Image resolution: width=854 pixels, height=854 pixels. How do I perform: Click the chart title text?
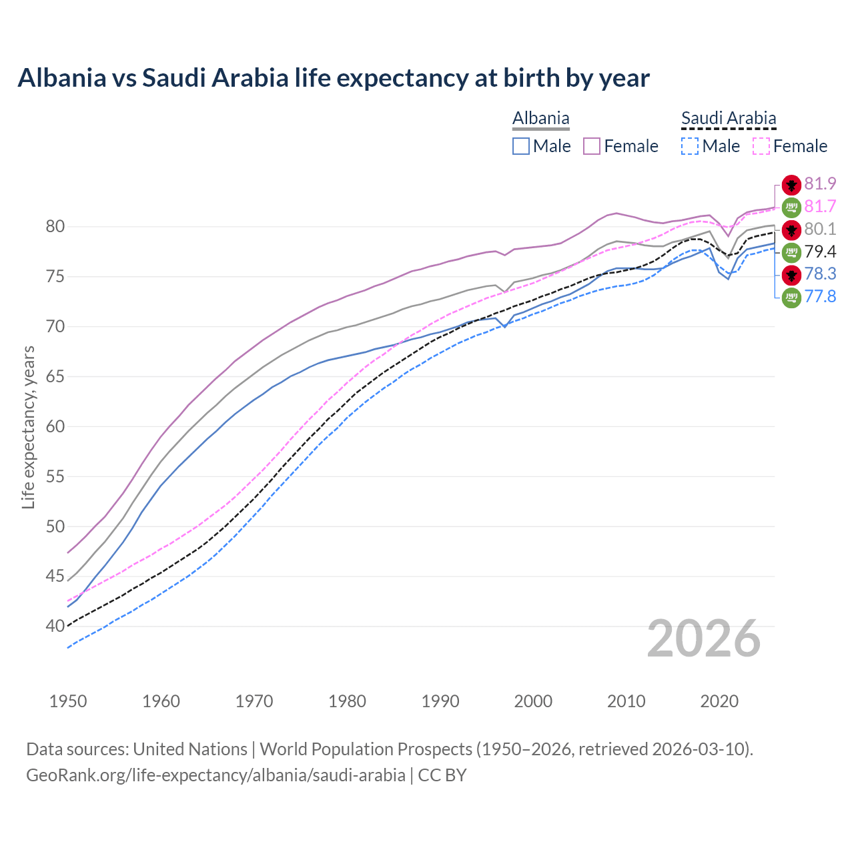tap(334, 78)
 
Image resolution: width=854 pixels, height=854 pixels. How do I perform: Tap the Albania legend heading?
tap(540, 119)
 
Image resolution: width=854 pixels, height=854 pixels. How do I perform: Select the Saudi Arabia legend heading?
tap(729, 119)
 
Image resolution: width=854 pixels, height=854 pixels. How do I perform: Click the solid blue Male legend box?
tap(521, 146)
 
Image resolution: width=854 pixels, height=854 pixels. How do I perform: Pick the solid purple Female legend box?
tap(592, 146)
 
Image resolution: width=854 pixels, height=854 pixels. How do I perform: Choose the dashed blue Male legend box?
tap(690, 146)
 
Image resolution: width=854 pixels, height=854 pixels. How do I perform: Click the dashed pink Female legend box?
tap(761, 146)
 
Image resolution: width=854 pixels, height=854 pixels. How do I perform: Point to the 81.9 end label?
tap(820, 184)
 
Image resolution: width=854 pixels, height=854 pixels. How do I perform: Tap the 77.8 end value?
tap(820, 297)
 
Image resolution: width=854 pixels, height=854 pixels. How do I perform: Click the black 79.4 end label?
tap(820, 252)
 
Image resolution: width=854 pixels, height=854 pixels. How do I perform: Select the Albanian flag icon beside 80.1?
tap(791, 230)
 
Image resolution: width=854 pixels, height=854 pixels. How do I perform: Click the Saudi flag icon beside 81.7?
tap(791, 207)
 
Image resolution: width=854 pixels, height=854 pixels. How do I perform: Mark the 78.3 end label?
tap(820, 274)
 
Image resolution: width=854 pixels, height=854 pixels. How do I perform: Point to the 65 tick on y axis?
tap(55, 377)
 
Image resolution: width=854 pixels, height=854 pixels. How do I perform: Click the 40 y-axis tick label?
tap(55, 626)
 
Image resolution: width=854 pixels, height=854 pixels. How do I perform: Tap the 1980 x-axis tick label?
tap(347, 701)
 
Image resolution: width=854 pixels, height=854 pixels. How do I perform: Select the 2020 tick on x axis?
tap(719, 701)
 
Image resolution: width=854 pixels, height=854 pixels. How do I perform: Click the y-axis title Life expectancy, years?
tap(28, 427)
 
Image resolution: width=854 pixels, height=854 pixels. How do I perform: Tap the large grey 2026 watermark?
tap(704, 639)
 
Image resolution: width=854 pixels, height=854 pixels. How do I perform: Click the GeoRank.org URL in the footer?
tap(216, 775)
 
